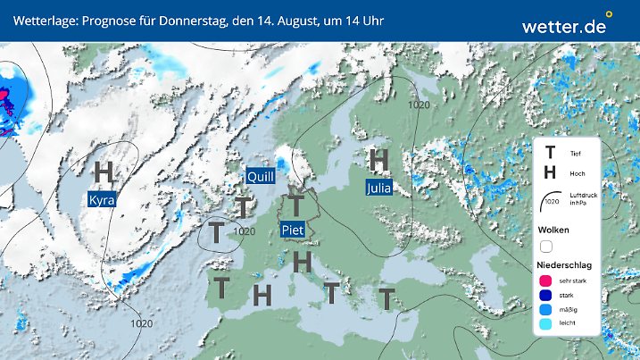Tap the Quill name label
coord(260,177)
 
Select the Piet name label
coord(294,230)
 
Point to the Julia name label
coord(378,188)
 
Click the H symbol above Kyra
coord(104,171)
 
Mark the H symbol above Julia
coord(378,160)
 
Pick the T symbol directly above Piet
coord(294,205)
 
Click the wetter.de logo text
coord(563,27)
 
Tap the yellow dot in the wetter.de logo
coord(609,14)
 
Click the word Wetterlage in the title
coord(43,20)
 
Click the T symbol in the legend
coord(550,153)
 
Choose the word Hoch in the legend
coord(577,173)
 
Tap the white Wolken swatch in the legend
coord(546,247)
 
